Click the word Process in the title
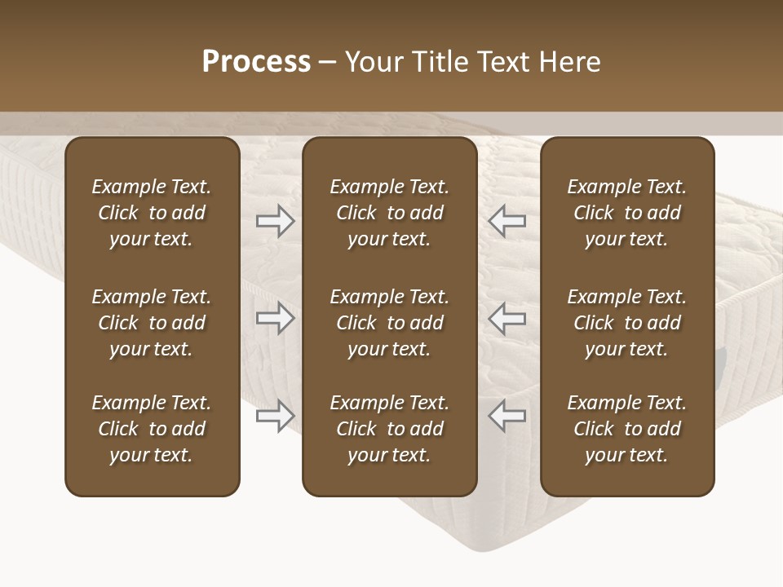point(256,62)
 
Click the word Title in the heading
point(439,62)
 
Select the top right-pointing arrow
point(275,221)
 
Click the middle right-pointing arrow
point(275,318)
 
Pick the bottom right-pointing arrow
point(275,416)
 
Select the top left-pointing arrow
point(507,221)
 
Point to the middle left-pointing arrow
point(507,318)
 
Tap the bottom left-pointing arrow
point(507,416)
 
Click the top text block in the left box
point(152,213)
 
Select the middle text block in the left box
point(152,323)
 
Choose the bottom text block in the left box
point(152,429)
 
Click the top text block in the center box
point(390,213)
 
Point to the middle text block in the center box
point(390,323)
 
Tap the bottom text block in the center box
point(390,429)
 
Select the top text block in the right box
point(627,213)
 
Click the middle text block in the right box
point(627,323)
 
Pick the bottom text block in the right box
point(627,429)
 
